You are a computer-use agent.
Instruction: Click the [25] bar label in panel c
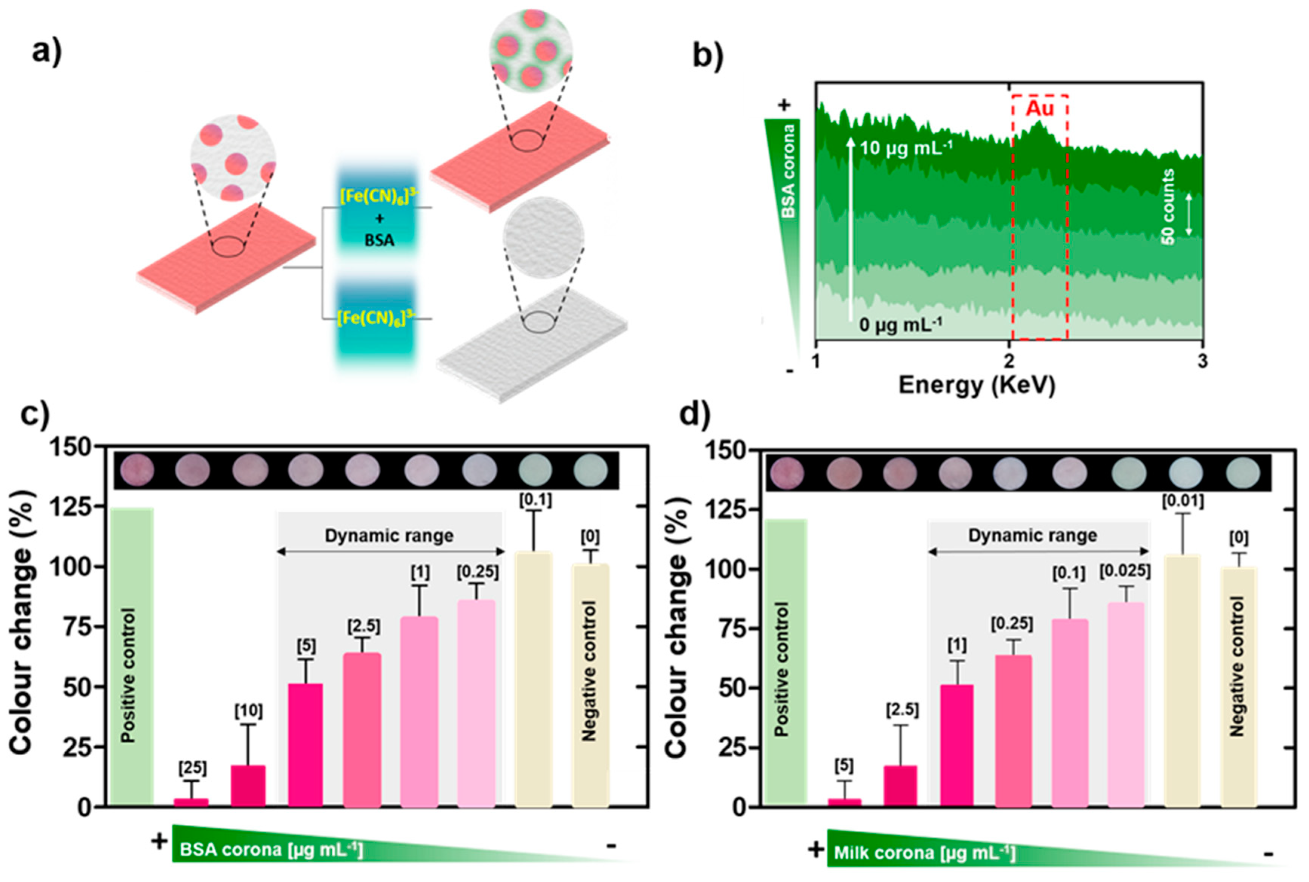click(x=192, y=768)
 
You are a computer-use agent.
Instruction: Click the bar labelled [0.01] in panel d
click(x=1182, y=681)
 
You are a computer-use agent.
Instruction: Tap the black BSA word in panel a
click(x=379, y=240)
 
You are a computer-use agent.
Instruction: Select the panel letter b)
click(x=708, y=56)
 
